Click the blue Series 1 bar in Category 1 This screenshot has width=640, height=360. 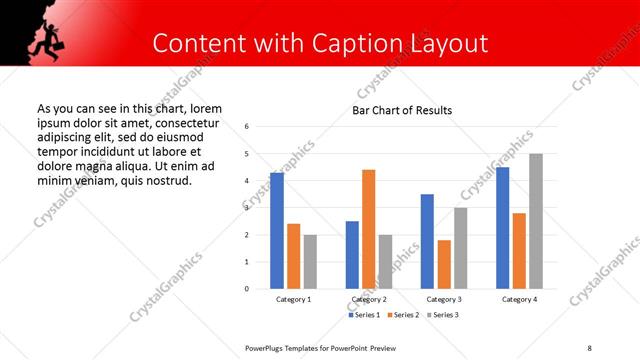[277, 231]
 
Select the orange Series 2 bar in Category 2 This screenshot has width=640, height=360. [368, 229]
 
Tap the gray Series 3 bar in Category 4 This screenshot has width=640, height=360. [536, 221]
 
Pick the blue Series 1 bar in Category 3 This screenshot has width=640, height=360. [427, 241]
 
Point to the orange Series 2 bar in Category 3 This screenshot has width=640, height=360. [444, 264]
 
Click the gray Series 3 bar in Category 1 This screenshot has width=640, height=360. [310, 262]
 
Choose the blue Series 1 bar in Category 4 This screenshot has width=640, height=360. [503, 228]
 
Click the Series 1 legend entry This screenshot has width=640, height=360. [364, 315]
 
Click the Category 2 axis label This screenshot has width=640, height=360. [369, 299]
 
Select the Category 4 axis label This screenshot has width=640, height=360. [519, 299]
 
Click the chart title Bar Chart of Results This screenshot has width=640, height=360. [402, 110]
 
